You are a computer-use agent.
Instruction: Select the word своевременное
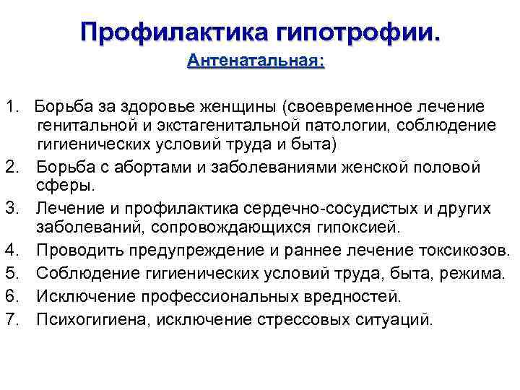[x=343, y=107]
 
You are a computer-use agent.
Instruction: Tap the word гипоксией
[x=345, y=227]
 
